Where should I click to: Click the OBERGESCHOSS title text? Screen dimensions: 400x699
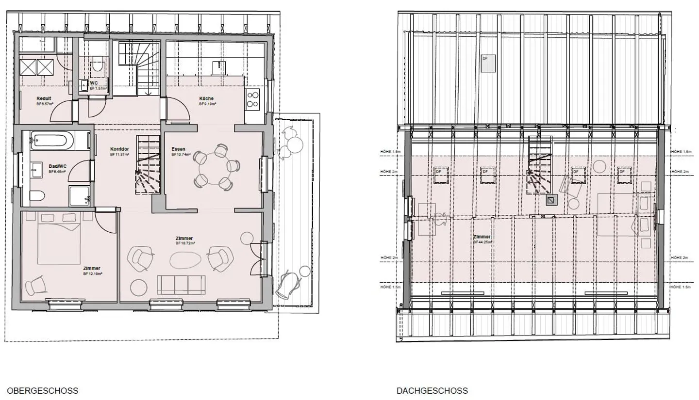[42, 391]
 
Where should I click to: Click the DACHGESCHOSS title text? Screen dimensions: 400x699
[432, 391]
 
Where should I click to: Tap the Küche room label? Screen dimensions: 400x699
[206, 98]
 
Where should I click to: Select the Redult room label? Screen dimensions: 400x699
[44, 98]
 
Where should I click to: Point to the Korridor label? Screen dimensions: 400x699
[119, 149]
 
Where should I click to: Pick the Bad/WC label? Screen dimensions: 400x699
[57, 166]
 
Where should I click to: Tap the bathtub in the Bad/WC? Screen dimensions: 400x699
[51, 141]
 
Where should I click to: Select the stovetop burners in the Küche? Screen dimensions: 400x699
[252, 99]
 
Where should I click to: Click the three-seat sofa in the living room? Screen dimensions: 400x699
[181, 285]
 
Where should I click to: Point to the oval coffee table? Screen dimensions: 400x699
[185, 260]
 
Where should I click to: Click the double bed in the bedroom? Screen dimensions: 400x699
[52, 238]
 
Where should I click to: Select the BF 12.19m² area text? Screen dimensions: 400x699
[92, 273]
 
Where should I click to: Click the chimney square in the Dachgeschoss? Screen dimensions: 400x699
[551, 200]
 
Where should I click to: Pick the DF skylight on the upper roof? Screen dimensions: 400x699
[488, 63]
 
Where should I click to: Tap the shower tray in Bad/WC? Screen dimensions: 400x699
[80, 196]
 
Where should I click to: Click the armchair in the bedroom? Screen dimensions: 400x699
[36, 285]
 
